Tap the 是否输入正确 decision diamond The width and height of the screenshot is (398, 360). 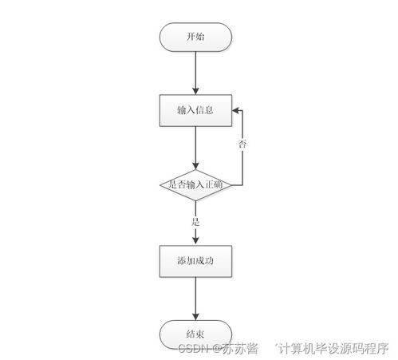[x=195, y=185]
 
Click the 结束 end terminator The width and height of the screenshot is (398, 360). [x=195, y=333]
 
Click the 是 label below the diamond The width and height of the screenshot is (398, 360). [x=195, y=220]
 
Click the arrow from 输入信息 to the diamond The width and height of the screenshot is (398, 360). [x=195, y=146]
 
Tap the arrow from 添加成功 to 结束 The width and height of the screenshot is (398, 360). [x=195, y=298]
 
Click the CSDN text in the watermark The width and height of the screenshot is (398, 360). [x=192, y=348]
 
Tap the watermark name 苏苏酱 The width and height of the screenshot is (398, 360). [x=239, y=348]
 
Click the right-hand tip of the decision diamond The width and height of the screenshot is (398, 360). [x=230, y=185]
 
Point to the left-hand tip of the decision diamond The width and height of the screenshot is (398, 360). [x=161, y=185]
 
